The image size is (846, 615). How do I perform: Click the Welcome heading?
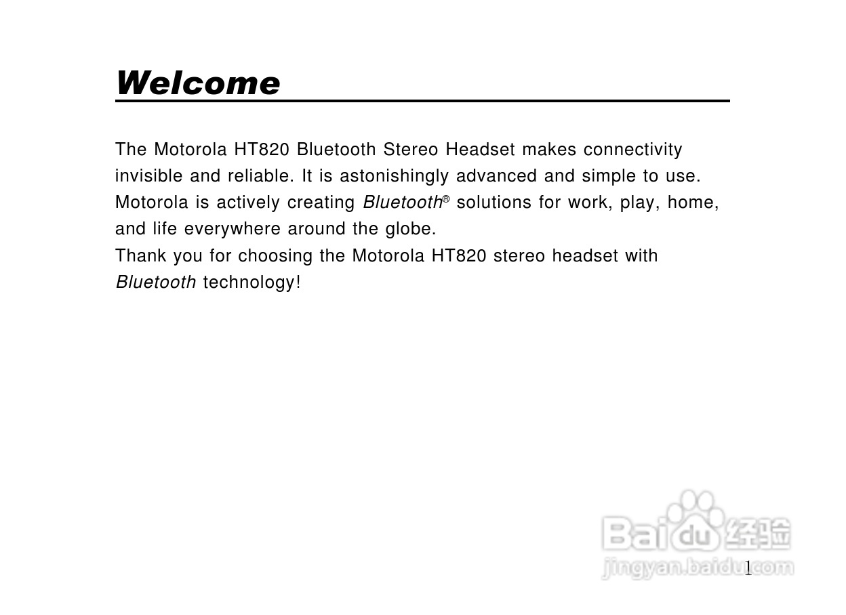click(x=197, y=83)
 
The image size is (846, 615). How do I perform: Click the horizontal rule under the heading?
click(x=422, y=101)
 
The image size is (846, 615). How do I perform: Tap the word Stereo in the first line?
click(x=411, y=150)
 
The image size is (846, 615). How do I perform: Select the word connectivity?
click(x=633, y=150)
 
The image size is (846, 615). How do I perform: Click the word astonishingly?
click(x=395, y=177)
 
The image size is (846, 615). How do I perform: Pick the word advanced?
click(x=496, y=176)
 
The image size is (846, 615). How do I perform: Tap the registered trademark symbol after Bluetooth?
click(x=446, y=199)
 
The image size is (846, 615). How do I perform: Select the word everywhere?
click(x=233, y=230)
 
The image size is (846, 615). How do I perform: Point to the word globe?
click(x=411, y=230)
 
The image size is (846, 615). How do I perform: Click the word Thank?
click(x=140, y=256)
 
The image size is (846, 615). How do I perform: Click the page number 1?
click(x=748, y=568)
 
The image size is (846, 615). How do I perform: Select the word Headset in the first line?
click(x=481, y=150)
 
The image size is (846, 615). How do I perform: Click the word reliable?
click(x=260, y=176)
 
